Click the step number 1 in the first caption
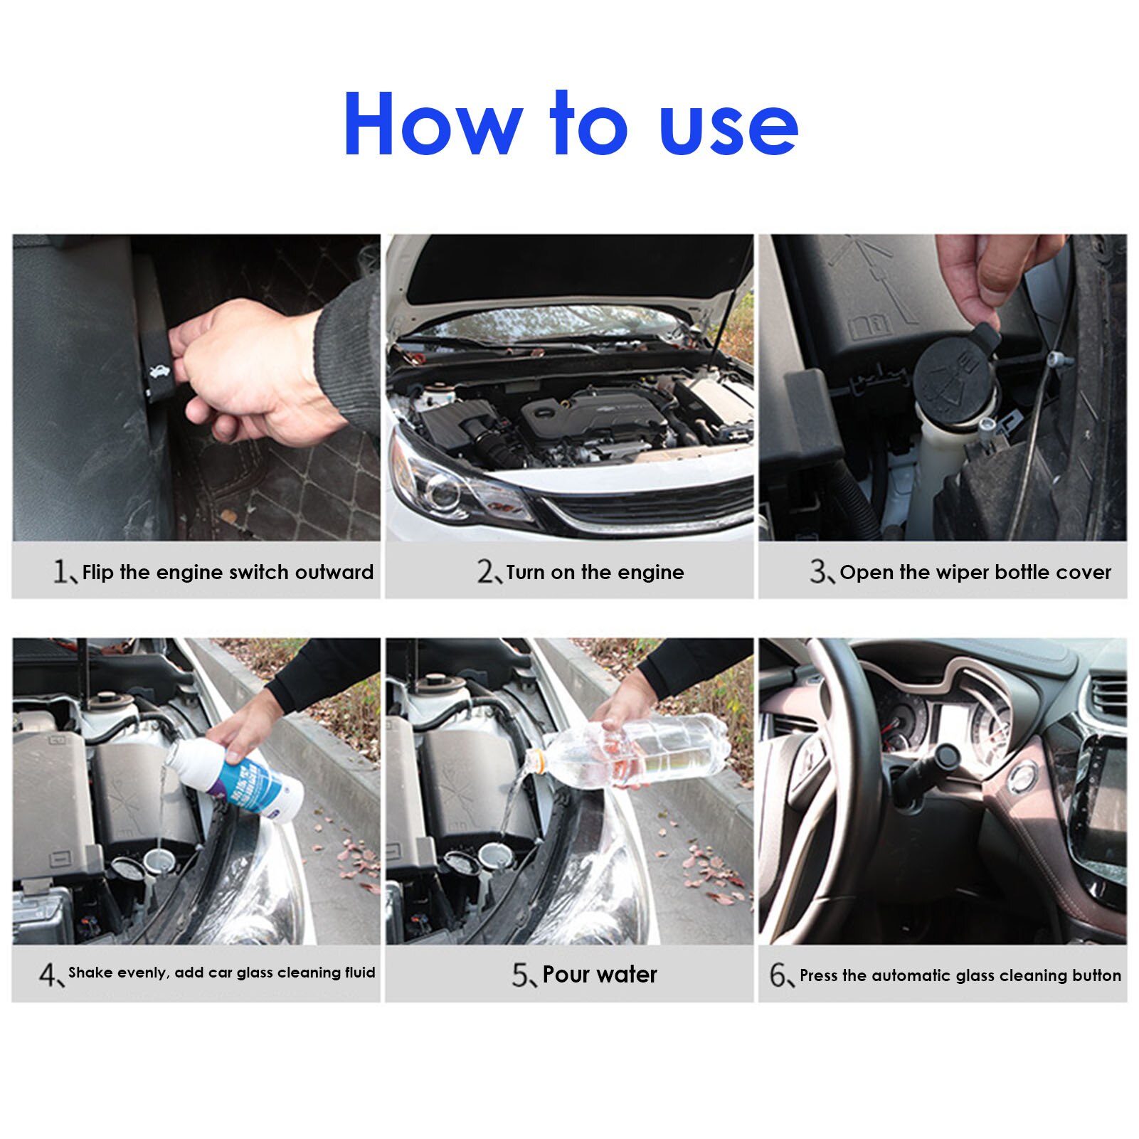[x=61, y=571]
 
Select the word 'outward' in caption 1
[x=334, y=572]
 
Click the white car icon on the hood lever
[x=157, y=371]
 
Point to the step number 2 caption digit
[x=485, y=571]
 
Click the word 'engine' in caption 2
[x=651, y=573]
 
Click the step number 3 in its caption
[x=817, y=571]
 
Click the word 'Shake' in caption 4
[x=90, y=973]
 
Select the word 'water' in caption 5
[x=627, y=974]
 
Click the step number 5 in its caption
[x=520, y=975]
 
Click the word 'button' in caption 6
[x=1096, y=975]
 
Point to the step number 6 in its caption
[x=778, y=975]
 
